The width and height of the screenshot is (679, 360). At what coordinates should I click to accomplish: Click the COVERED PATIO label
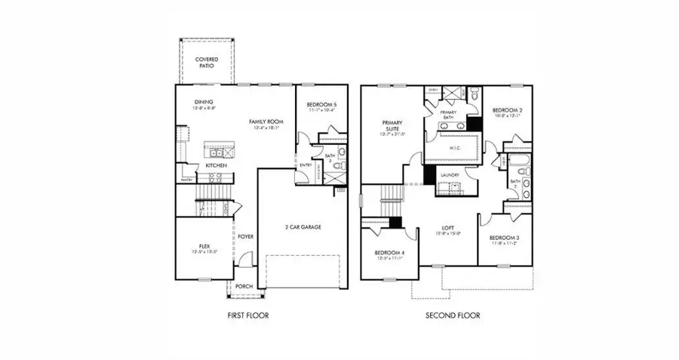[x=206, y=62]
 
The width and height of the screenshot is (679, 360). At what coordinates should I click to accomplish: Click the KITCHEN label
[x=217, y=165]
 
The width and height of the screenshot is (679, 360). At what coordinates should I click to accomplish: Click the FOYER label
[x=246, y=236]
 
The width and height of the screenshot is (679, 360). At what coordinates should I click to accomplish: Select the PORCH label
[x=244, y=287]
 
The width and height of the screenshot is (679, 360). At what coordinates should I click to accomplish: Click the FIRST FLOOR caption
[x=247, y=315]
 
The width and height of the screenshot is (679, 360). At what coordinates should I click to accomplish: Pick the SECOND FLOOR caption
[x=452, y=315]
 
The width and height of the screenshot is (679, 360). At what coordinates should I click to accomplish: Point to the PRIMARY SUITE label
[x=392, y=126]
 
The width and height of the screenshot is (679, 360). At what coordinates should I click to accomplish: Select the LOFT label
[x=448, y=227]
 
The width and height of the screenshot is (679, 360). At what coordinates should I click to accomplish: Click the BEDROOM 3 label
[x=505, y=238]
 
